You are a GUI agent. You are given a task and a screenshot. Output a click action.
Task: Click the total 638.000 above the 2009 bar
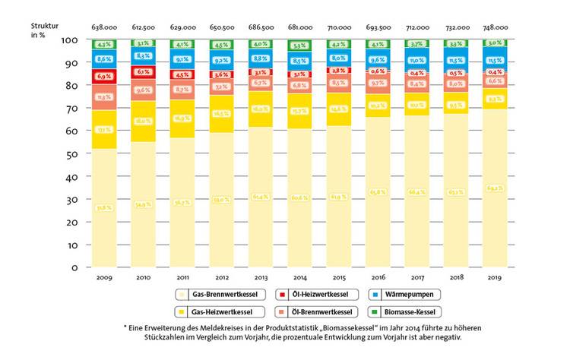pos(105,27)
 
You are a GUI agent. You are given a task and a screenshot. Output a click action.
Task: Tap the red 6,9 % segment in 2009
pos(105,77)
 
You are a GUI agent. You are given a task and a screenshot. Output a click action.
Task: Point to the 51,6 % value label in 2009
pos(105,207)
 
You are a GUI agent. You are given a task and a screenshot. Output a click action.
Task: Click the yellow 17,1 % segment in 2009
pos(105,130)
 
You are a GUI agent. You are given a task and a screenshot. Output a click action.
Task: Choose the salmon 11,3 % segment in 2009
pos(105,97)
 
